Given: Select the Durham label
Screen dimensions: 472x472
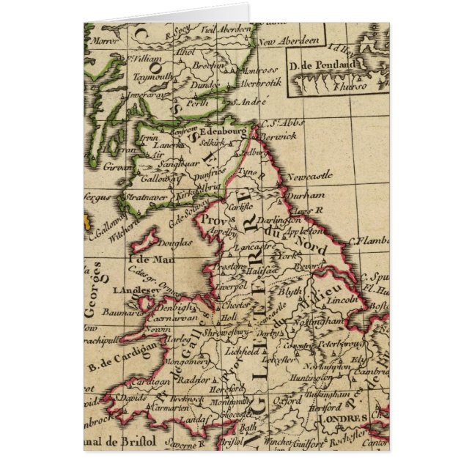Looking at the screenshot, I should click(x=306, y=195).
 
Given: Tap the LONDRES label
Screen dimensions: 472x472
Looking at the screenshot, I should click(x=343, y=418).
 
